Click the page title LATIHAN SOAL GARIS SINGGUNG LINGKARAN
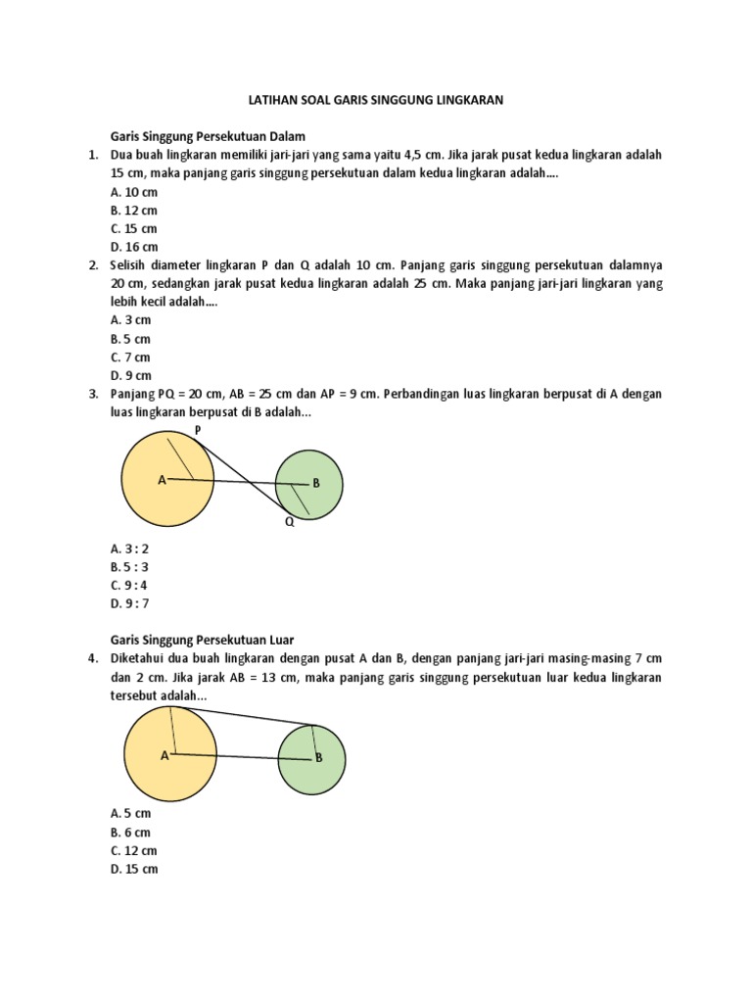pyautogui.click(x=376, y=100)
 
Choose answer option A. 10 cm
pyautogui.click(x=133, y=192)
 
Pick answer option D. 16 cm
pyautogui.click(x=133, y=247)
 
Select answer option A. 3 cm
pyautogui.click(x=130, y=320)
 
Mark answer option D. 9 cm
pyautogui.click(x=130, y=375)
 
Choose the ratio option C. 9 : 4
pyautogui.click(x=130, y=585)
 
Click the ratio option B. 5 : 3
pyautogui.click(x=130, y=567)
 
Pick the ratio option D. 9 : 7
pyautogui.click(x=130, y=603)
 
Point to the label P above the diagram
pyautogui.click(x=197, y=430)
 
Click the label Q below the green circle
pyautogui.click(x=290, y=523)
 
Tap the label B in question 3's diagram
pyautogui.click(x=316, y=483)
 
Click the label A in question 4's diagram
pyautogui.click(x=164, y=755)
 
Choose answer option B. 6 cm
pyautogui.click(x=130, y=832)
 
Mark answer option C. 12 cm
pyautogui.click(x=133, y=850)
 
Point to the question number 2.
pyautogui.click(x=92, y=265)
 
